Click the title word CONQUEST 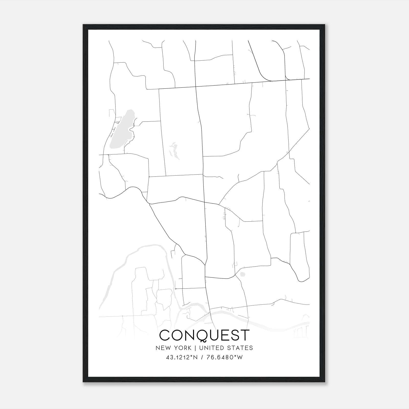pos(204,335)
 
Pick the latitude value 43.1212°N pos(182,358)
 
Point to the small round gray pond pos(242,275)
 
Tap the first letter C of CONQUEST pos(165,335)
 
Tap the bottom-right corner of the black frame pos(325,382)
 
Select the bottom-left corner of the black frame pos(84,382)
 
